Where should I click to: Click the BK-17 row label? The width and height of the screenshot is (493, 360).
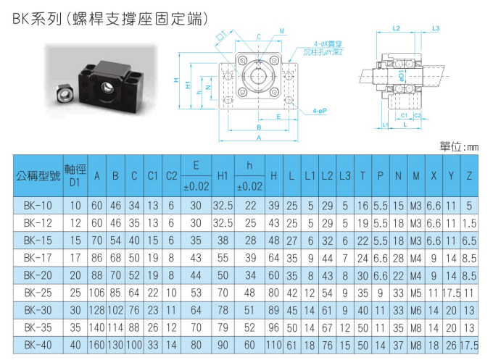[38, 258]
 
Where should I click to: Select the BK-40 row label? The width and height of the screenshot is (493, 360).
[38, 346]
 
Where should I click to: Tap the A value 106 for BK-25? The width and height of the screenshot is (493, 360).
[97, 293]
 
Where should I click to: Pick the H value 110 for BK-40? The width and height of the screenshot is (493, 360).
[274, 346]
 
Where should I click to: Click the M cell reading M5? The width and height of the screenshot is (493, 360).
[416, 293]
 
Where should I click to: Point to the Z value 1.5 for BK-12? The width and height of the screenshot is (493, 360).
[469, 223]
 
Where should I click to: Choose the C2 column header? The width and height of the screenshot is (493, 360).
[172, 176]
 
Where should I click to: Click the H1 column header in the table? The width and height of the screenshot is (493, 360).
[223, 176]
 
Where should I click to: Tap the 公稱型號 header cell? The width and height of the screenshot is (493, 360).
[38, 176]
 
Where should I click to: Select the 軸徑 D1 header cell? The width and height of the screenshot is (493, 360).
[75, 176]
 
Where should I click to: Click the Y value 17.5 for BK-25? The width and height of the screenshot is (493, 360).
[451, 293]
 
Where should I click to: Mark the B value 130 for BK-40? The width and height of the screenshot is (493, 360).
[115, 346]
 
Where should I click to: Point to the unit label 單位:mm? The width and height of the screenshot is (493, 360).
[459, 147]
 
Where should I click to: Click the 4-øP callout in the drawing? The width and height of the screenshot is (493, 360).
[320, 111]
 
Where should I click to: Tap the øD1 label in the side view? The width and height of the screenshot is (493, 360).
[400, 76]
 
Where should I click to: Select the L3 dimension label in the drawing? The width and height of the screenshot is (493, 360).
[436, 28]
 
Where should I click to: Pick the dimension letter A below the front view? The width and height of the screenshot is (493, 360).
[259, 138]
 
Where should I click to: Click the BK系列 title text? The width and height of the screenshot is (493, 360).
[37, 20]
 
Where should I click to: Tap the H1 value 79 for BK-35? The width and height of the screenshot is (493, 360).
[223, 328]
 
